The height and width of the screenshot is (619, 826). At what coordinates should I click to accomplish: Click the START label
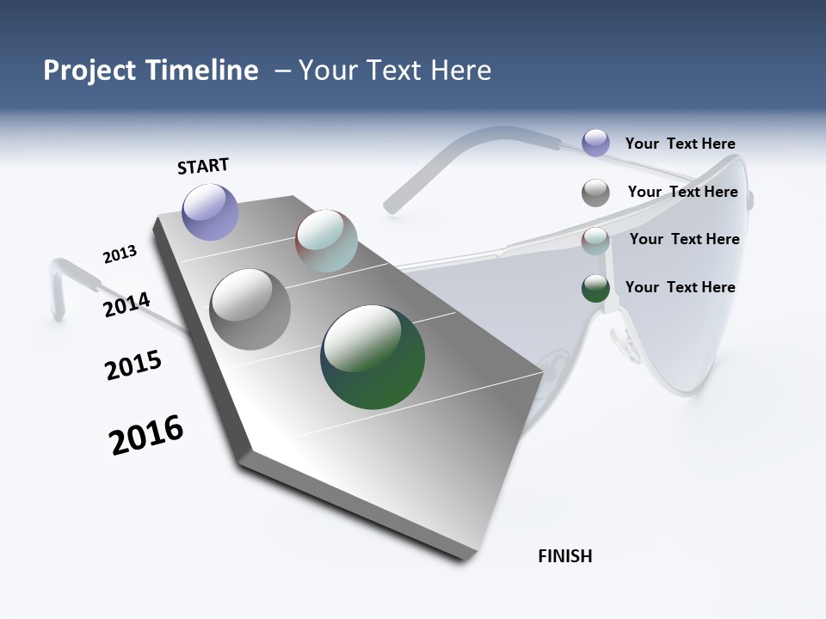203,166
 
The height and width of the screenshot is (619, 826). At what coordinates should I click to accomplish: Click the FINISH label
564,556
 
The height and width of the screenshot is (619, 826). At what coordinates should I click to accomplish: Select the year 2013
120,254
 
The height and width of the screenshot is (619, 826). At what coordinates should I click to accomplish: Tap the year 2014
126,304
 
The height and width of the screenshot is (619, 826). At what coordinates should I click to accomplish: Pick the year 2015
133,365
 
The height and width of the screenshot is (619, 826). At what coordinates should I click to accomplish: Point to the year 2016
146,435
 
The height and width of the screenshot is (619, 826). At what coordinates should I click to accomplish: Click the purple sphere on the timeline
210,211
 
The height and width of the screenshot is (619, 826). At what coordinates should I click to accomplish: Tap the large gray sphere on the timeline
250,309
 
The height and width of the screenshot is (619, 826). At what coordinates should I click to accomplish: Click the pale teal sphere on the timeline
326,241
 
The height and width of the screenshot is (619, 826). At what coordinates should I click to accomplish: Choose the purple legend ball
595,143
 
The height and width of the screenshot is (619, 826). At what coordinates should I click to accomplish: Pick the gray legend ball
595,193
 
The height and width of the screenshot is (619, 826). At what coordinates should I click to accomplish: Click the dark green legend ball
595,288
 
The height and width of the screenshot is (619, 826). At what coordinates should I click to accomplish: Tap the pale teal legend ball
595,241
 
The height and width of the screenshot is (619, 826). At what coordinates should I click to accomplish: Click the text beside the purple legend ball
680,144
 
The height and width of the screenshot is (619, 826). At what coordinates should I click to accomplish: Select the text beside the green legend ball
680,287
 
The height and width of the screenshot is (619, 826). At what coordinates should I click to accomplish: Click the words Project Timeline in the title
151,70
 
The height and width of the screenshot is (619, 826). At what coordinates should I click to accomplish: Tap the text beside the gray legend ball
682,192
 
